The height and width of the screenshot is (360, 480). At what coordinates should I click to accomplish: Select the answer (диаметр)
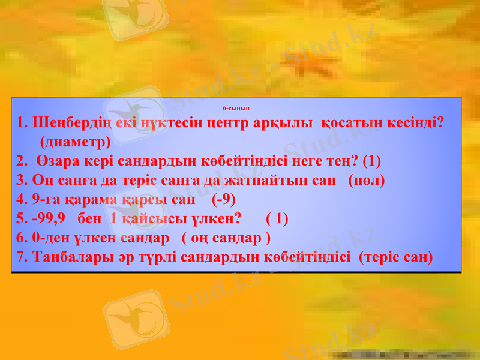point(75,142)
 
